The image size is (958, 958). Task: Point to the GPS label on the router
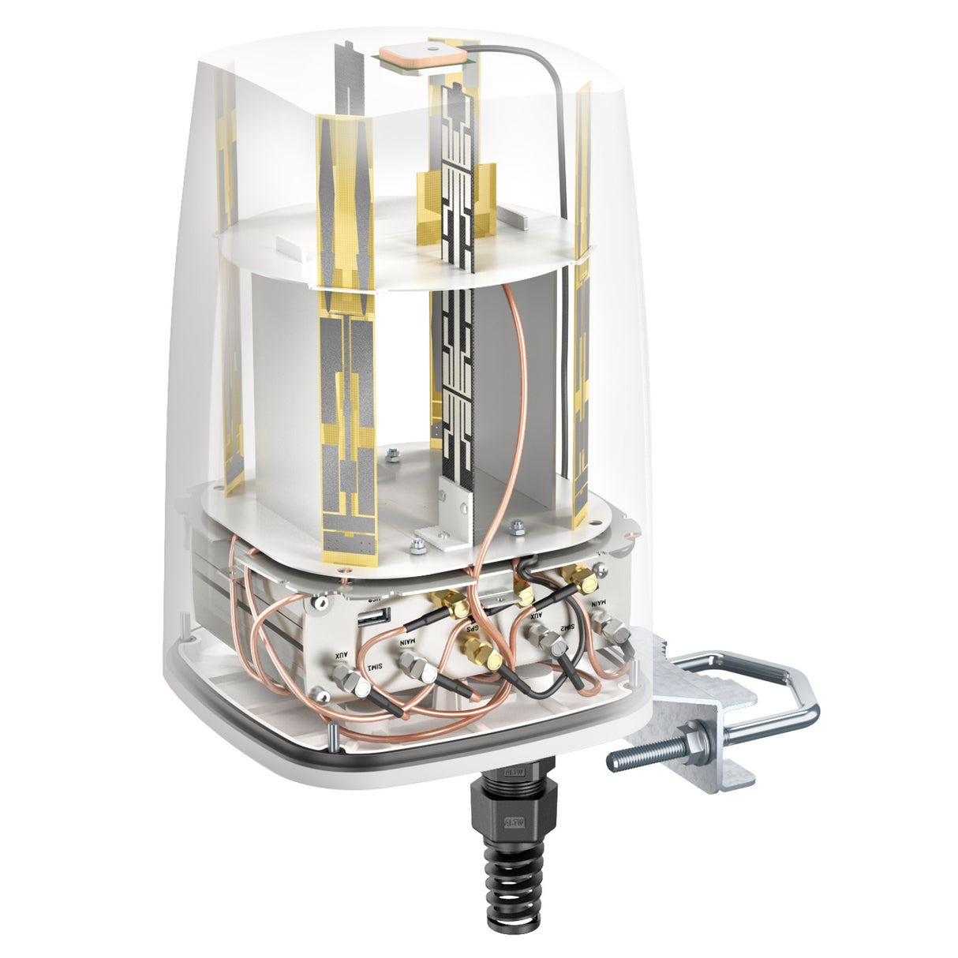coord(471,630)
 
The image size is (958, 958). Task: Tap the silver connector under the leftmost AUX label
coord(352,680)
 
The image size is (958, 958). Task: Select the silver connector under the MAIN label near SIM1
coord(419,672)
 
